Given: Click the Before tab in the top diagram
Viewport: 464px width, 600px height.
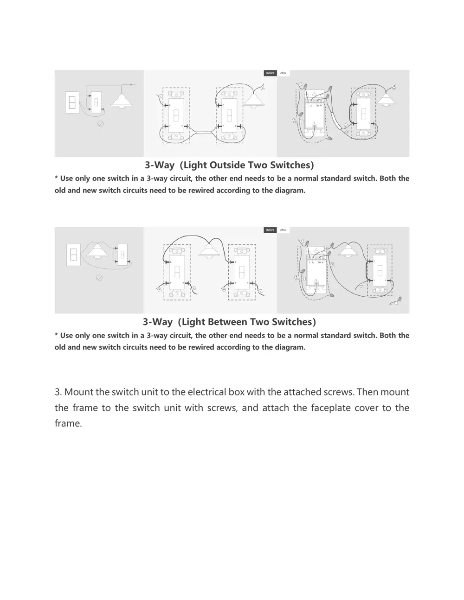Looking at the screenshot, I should pyautogui.click(x=270, y=73).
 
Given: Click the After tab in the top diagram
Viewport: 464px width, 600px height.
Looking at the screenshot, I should pyautogui.click(x=283, y=73).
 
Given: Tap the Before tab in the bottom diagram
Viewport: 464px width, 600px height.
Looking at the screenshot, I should pyautogui.click(x=270, y=230).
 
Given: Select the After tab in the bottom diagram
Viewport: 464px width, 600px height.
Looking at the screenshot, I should pyautogui.click(x=283, y=230).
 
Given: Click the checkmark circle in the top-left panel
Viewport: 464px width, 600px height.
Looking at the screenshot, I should pyautogui.click(x=100, y=124).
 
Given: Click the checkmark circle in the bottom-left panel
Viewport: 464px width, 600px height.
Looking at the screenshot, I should pyautogui.click(x=99, y=278).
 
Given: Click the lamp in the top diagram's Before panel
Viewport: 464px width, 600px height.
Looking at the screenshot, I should pyautogui.click(x=252, y=100).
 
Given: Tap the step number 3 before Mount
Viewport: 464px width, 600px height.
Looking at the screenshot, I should pyautogui.click(x=58, y=392).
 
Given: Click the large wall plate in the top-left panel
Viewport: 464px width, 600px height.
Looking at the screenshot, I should pyautogui.click(x=72, y=103).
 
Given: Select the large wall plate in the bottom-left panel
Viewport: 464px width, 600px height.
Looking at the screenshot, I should pyautogui.click(x=73, y=255).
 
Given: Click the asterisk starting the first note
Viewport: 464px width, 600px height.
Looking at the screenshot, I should pyautogui.click(x=56, y=178).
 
